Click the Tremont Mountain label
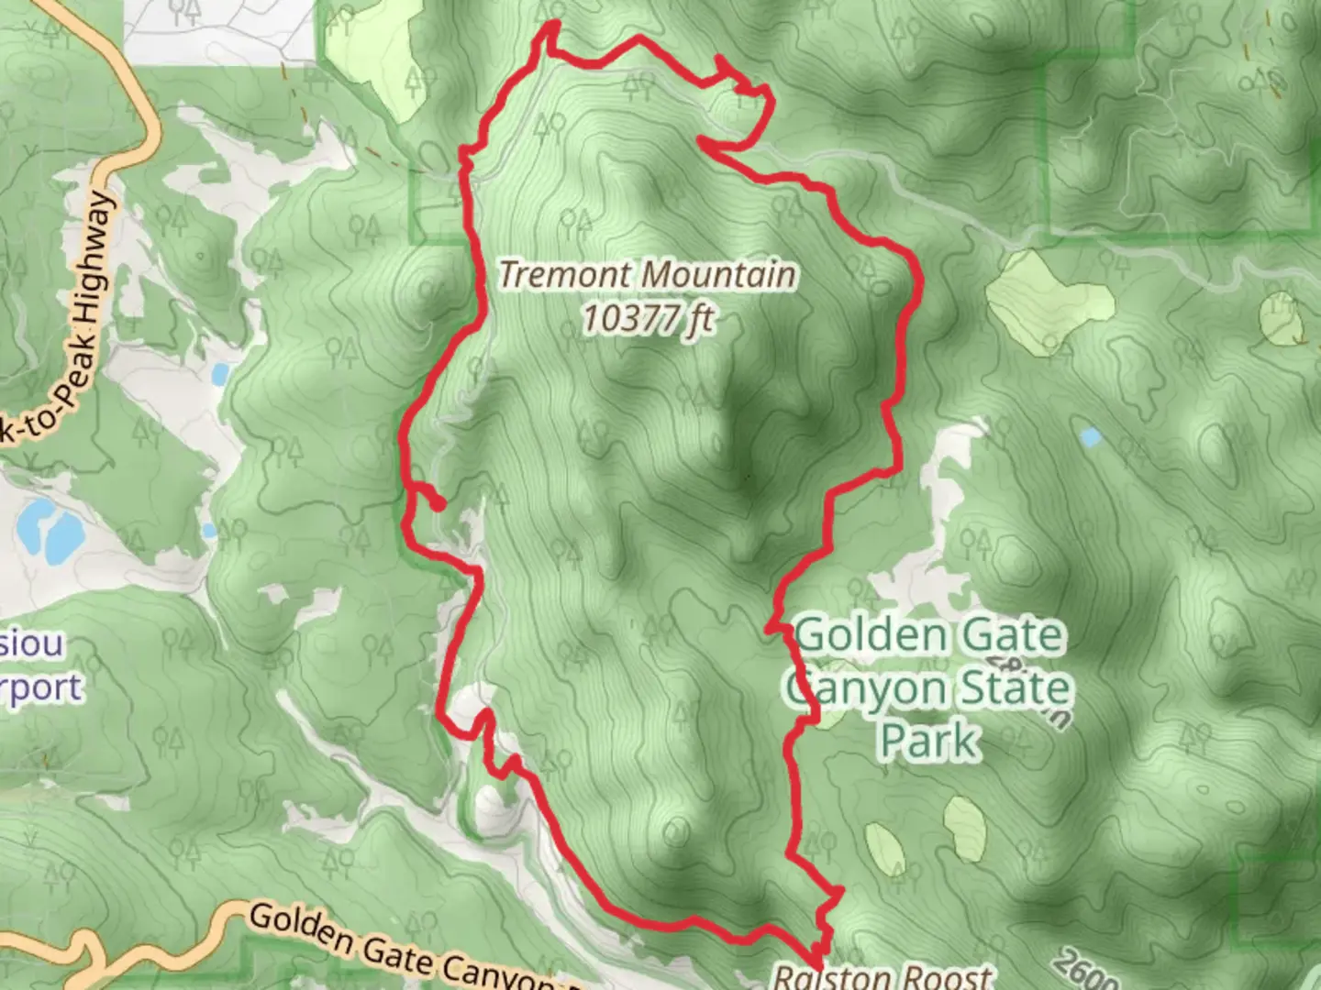(648, 275)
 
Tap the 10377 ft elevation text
(648, 318)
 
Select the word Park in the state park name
(928, 741)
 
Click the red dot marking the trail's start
(438, 503)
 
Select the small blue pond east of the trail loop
(1090, 437)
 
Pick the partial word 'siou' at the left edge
(31, 643)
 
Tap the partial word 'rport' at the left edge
(40, 687)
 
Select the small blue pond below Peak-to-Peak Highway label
(220, 374)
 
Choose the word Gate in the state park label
(1009, 636)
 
